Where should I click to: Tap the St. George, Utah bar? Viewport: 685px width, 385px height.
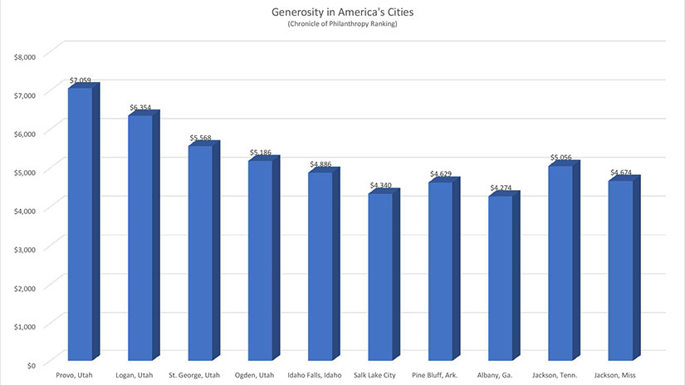click(x=200, y=252)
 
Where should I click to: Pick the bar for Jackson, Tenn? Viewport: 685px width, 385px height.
click(x=560, y=262)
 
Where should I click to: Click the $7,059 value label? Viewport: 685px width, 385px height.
click(x=81, y=81)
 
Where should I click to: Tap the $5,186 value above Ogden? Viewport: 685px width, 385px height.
click(x=262, y=154)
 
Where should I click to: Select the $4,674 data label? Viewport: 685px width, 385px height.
click(x=621, y=173)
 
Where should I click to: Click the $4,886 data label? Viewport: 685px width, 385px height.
click(x=321, y=164)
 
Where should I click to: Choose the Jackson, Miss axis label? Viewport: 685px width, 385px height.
click(x=620, y=375)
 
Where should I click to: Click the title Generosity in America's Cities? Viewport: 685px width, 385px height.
click(x=342, y=13)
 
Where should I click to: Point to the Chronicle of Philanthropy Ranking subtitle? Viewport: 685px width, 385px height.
click(x=342, y=26)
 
